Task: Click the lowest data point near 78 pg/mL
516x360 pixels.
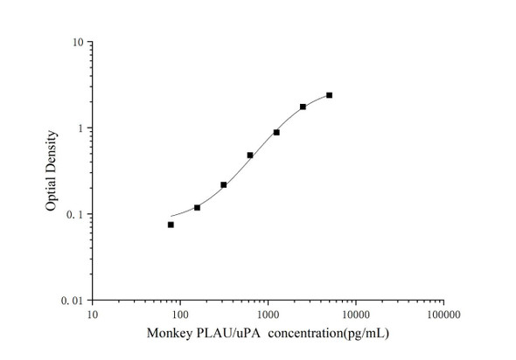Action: pyautogui.click(x=171, y=225)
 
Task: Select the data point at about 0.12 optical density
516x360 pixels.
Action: pyautogui.click(x=197, y=207)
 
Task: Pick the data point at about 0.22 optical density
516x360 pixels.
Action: pyautogui.click(x=224, y=184)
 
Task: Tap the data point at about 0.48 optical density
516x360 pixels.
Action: pyautogui.click(x=250, y=156)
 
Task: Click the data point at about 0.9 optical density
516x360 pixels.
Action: pyautogui.click(x=276, y=132)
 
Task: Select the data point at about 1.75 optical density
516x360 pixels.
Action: pyautogui.click(x=303, y=107)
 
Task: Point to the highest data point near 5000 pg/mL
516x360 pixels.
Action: pyautogui.click(x=329, y=95)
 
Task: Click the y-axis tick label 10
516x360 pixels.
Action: pyautogui.click(x=78, y=43)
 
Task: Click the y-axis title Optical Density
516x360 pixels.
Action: pyautogui.click(x=52, y=171)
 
